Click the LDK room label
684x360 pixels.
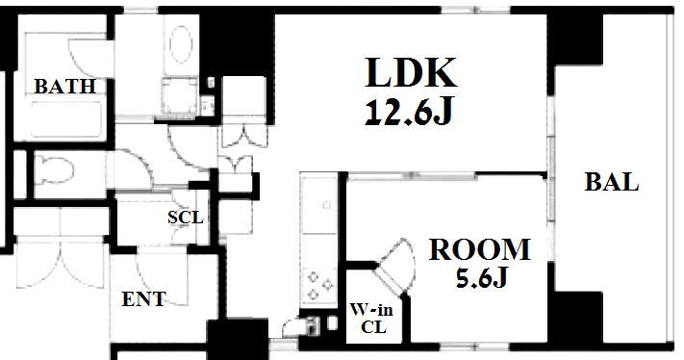[411, 72]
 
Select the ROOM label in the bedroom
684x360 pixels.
[480, 249]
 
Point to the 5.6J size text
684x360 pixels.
[482, 277]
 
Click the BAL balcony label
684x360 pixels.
[612, 182]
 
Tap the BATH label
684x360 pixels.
[65, 87]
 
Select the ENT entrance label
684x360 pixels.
[143, 299]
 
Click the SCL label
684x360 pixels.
[186, 218]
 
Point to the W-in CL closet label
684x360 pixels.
[371, 318]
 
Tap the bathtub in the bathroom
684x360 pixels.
[66, 119]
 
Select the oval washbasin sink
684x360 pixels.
[181, 44]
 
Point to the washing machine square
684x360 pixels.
[179, 98]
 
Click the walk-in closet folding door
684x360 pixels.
[395, 266]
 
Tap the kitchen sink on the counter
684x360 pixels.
[318, 205]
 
